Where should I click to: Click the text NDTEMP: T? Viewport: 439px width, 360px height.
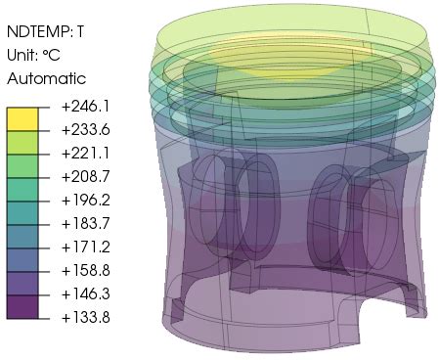tap(45, 31)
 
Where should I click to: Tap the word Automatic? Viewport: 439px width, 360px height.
tap(46, 78)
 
